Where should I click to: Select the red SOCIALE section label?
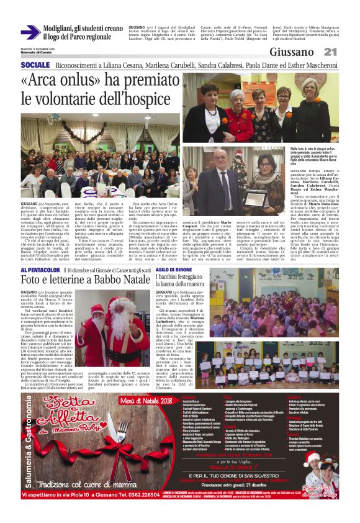pos(35,65)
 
